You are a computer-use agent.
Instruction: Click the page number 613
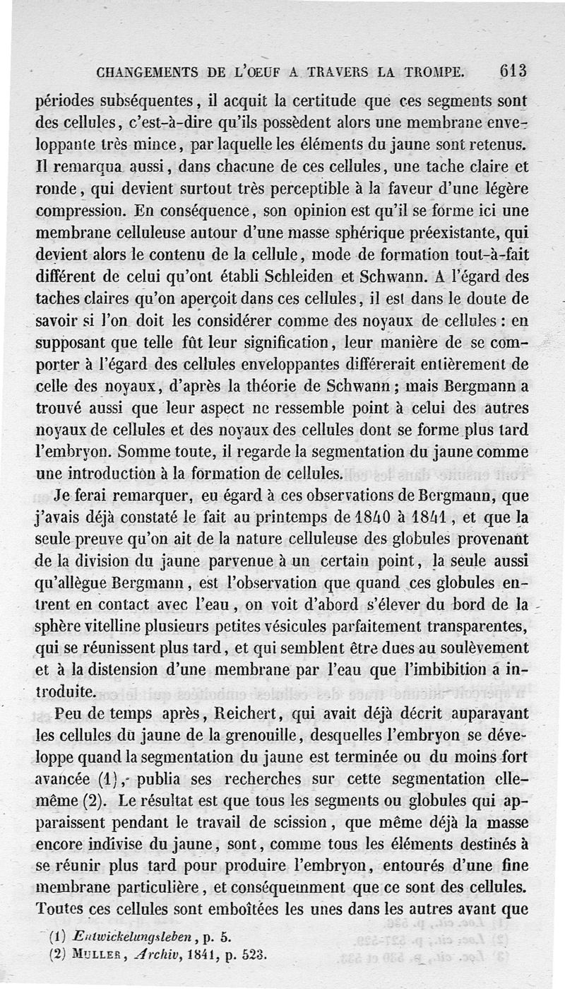pos(513,71)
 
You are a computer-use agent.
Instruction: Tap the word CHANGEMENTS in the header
pos(148,72)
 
